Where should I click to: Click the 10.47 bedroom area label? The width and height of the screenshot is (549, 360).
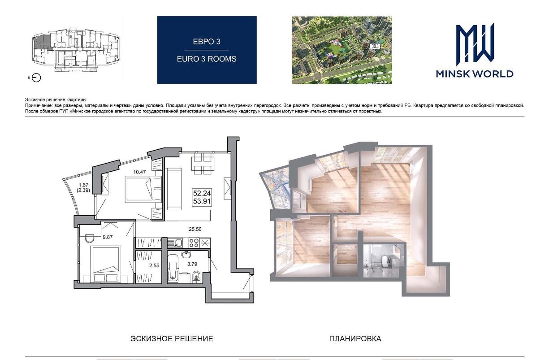point(139,172)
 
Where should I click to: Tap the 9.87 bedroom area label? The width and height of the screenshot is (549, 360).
point(108,237)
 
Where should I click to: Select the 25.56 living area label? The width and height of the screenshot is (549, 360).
point(195,229)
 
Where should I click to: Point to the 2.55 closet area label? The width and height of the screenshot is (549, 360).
point(155,265)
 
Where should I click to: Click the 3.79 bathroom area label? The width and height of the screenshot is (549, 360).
point(192,264)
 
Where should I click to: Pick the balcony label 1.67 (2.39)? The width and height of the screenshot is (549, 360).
point(83,187)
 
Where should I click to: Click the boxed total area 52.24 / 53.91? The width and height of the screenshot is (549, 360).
point(202,197)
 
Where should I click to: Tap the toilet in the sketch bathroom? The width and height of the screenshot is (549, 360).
point(196,276)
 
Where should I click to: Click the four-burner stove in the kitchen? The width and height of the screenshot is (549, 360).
point(194,243)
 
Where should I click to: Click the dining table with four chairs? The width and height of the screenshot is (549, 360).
point(203,163)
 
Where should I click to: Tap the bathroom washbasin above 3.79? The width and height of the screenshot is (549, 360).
point(186,254)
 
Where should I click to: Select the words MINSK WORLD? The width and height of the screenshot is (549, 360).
point(475,74)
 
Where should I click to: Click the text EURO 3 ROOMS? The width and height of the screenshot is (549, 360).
point(207,59)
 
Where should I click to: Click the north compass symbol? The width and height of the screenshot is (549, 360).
point(36,78)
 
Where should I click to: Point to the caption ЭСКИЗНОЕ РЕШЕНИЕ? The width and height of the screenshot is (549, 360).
point(172,338)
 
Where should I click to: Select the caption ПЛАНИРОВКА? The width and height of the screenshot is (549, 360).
point(355,338)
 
